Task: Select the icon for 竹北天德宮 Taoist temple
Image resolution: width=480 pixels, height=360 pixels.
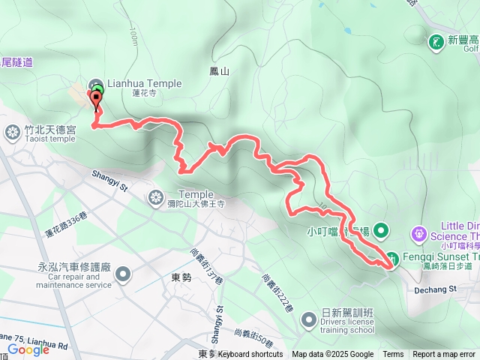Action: click(13, 133)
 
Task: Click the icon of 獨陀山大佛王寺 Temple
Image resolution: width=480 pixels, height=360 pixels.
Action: click(155, 198)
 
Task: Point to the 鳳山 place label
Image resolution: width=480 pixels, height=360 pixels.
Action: click(218, 71)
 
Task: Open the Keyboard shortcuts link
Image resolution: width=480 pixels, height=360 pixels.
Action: click(250, 354)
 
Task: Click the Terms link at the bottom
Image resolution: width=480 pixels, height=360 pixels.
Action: click(393, 354)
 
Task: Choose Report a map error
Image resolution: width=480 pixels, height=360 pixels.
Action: click(444, 354)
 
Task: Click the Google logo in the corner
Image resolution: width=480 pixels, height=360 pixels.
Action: click(28, 349)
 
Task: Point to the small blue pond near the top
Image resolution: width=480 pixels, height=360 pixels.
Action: click(346, 31)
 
